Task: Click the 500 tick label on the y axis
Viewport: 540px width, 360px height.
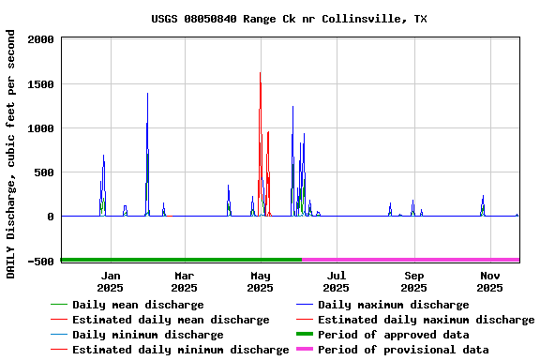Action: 43,172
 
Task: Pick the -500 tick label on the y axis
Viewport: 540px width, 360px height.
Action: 39,262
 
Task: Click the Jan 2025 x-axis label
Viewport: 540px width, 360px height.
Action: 111,281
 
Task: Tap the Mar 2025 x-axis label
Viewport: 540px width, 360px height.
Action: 185,281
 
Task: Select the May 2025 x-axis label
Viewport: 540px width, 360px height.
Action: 261,281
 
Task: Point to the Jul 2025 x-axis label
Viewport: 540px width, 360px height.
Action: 337,281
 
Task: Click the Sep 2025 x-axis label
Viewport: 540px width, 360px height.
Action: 414,281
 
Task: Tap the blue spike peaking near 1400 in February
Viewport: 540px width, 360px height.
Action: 147,95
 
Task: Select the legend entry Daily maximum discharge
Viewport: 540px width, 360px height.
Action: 393,305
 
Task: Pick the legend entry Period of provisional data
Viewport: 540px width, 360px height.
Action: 403,350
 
